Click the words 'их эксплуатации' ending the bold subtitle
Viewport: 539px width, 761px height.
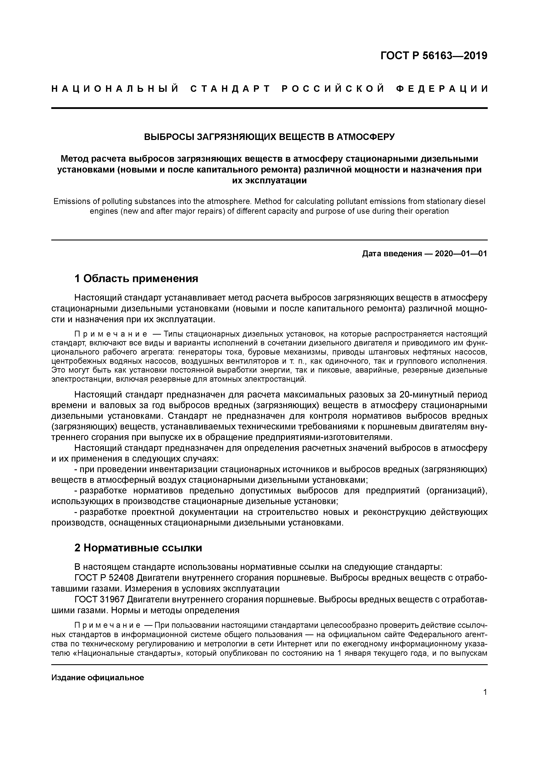pos(269,181)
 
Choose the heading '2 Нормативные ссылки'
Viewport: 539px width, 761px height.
pos(138,548)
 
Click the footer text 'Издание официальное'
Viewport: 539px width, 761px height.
pos(98,678)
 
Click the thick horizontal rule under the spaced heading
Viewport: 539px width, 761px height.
pos(269,108)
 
